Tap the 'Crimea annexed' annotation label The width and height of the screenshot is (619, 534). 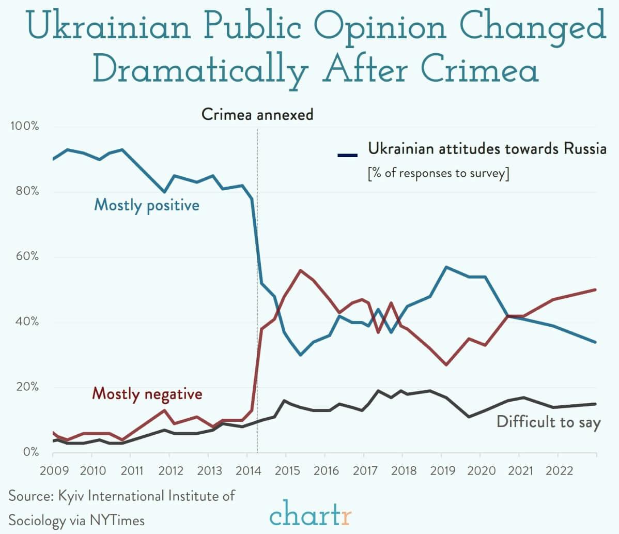(257, 114)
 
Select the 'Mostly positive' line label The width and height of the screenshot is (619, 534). (146, 205)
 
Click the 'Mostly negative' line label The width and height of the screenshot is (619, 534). (147, 394)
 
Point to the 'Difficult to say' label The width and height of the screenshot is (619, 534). (548, 422)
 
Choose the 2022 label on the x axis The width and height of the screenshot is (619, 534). (558, 471)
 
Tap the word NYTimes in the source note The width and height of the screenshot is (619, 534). (116, 520)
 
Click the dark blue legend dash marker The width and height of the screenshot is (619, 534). (347, 154)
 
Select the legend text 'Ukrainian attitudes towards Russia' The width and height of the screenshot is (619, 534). (487, 149)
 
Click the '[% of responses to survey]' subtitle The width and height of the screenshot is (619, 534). (438, 173)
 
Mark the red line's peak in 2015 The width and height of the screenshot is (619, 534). (301, 270)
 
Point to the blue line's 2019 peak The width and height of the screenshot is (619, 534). (446, 267)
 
